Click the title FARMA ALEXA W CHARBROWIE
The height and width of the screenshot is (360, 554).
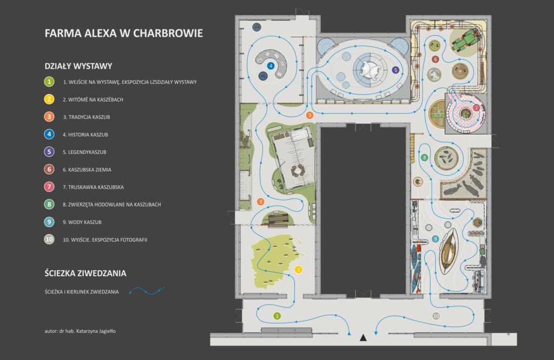coord(124,33)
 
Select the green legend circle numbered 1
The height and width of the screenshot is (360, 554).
coord(49,82)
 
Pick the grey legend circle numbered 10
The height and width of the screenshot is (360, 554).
coord(49,239)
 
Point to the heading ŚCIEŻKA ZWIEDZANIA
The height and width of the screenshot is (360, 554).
coord(85,273)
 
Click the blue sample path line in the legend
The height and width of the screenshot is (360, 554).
coord(147,290)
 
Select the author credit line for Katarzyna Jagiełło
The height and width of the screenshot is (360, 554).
coord(80,331)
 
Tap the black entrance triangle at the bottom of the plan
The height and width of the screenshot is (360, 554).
coord(363,338)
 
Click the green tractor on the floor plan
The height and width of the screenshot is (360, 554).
coord(466,39)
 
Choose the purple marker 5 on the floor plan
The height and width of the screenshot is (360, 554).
coord(395,70)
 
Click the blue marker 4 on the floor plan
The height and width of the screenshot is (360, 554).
coord(271,66)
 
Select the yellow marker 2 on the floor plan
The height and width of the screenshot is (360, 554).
coord(298,270)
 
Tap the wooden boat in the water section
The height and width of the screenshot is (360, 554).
coord(449,251)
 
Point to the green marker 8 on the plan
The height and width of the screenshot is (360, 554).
coord(425,158)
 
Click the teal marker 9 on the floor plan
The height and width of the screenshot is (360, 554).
coord(436,239)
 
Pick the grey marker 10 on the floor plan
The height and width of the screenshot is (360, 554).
coord(436,316)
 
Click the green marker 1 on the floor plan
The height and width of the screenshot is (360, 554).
coord(278,316)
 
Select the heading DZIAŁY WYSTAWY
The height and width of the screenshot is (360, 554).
coord(78,66)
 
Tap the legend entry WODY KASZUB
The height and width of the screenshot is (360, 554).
coord(82,222)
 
